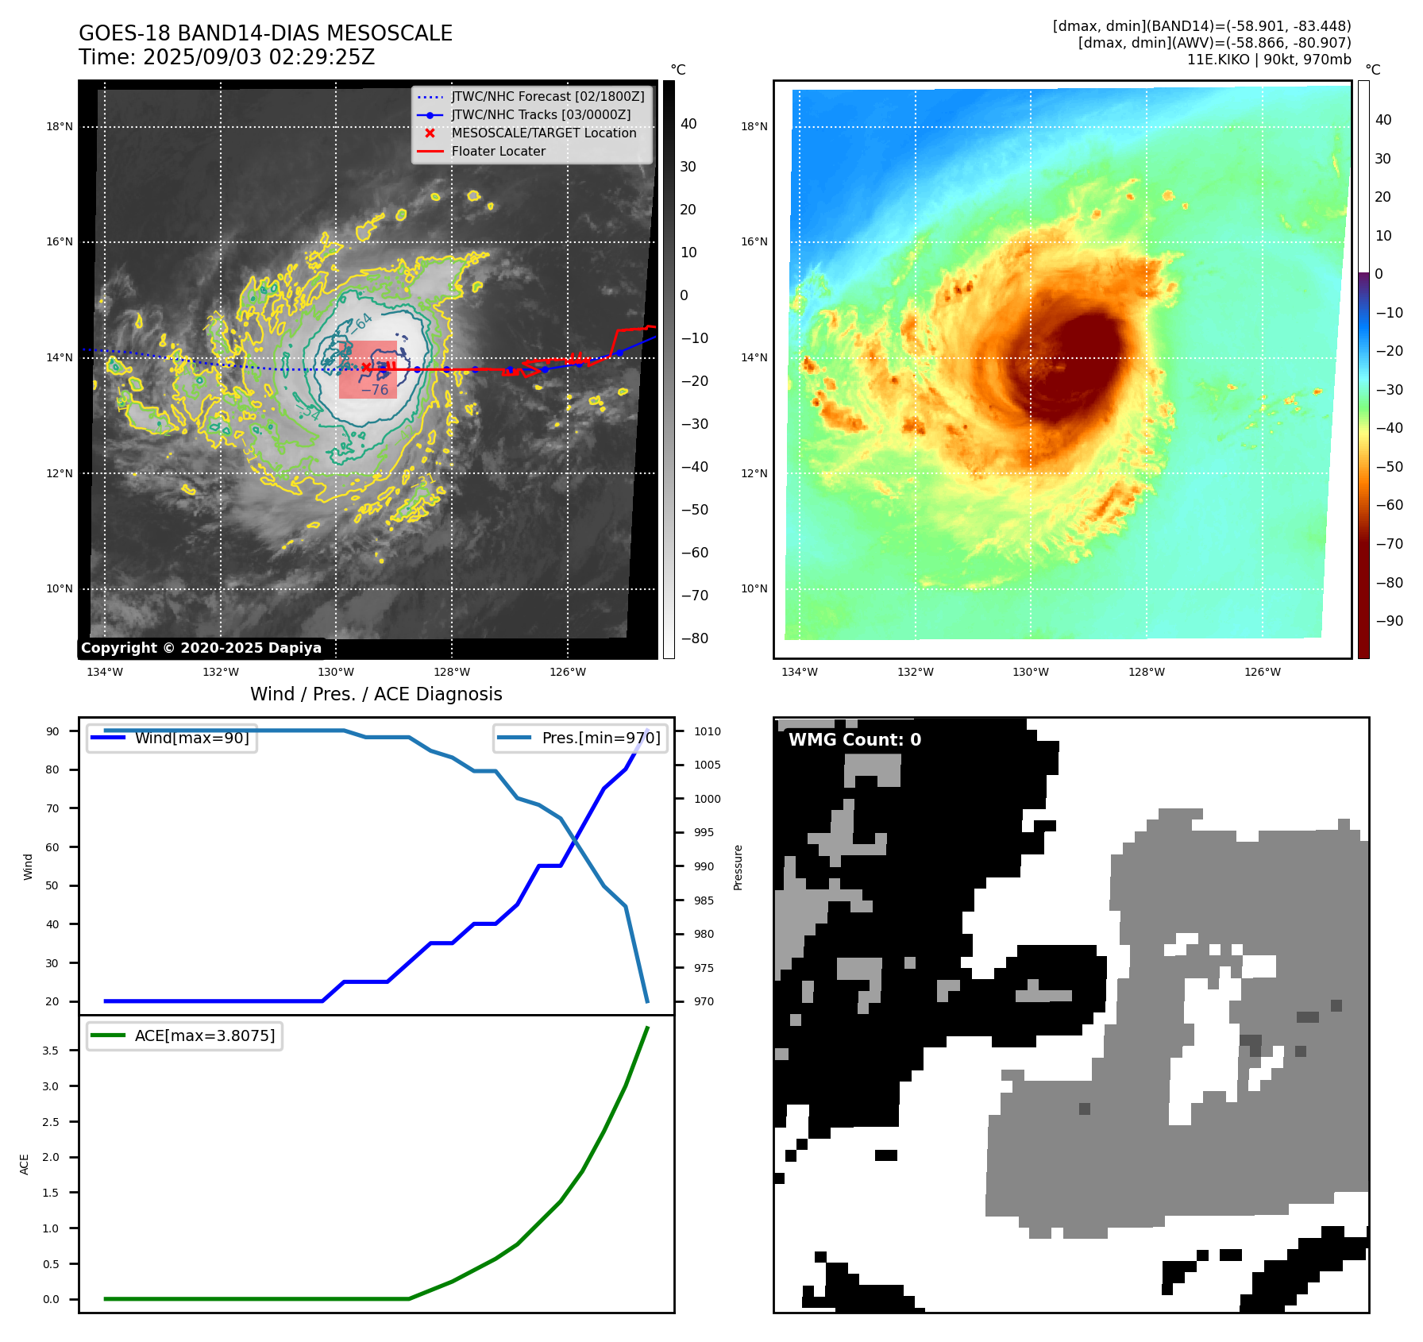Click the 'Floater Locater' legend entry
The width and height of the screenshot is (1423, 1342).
[x=498, y=152]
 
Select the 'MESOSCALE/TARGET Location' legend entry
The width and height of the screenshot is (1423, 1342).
[x=543, y=133]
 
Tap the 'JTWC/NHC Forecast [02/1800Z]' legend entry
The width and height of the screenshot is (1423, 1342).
[x=547, y=97]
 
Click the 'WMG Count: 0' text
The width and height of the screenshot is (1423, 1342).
[x=854, y=740]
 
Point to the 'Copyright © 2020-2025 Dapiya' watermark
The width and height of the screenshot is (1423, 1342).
[x=201, y=648]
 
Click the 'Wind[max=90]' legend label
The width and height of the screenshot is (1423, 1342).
[x=191, y=738]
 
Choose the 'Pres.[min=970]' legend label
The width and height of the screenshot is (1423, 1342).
[x=600, y=738]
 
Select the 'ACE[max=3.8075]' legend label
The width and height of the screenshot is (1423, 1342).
[x=205, y=1035]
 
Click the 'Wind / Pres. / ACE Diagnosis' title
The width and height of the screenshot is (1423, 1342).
[x=376, y=694]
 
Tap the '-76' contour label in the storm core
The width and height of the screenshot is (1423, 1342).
[x=375, y=390]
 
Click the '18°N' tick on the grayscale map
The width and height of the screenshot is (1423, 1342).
[x=60, y=126]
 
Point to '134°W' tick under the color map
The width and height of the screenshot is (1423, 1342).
[x=799, y=672]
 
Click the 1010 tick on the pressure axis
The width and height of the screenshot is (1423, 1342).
[x=707, y=731]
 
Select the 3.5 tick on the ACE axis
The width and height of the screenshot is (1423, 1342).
[x=51, y=1051]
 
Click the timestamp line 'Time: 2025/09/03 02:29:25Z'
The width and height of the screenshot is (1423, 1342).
[x=226, y=57]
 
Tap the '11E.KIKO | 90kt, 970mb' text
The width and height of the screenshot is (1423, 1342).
[x=1268, y=60]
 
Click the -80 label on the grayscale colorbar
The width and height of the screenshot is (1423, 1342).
[x=694, y=638]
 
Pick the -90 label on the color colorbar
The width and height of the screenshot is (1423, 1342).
[x=1389, y=621]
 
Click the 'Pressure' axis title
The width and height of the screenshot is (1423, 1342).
[x=738, y=867]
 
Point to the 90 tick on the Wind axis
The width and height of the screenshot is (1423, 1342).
[x=52, y=731]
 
